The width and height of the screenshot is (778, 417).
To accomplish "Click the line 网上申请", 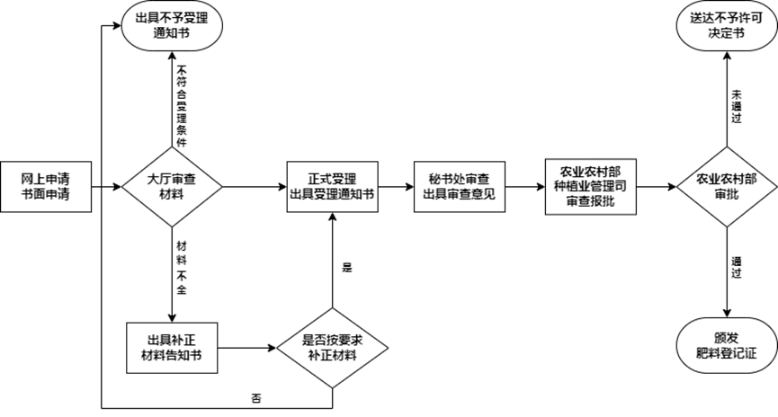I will [x=45, y=179].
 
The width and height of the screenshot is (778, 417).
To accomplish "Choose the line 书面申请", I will [x=45, y=194].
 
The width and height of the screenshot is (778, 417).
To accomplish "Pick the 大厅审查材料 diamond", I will [x=171, y=187].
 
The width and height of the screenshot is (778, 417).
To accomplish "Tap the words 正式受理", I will [x=333, y=179].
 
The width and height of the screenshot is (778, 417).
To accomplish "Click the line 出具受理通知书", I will [x=333, y=194].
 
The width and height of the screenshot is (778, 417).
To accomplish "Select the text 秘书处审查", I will [x=460, y=179].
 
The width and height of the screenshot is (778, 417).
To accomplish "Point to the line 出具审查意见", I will [x=460, y=194].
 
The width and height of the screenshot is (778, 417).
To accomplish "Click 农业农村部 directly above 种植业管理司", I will [x=590, y=172].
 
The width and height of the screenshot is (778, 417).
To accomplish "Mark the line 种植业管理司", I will [x=590, y=187].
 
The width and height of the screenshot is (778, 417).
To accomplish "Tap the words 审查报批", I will [x=590, y=202].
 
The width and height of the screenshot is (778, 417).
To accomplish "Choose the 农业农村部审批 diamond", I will [x=726, y=187].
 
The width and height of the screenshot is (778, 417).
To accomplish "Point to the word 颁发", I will [x=726, y=338].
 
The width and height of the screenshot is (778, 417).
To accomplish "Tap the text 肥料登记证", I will [x=726, y=353].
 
